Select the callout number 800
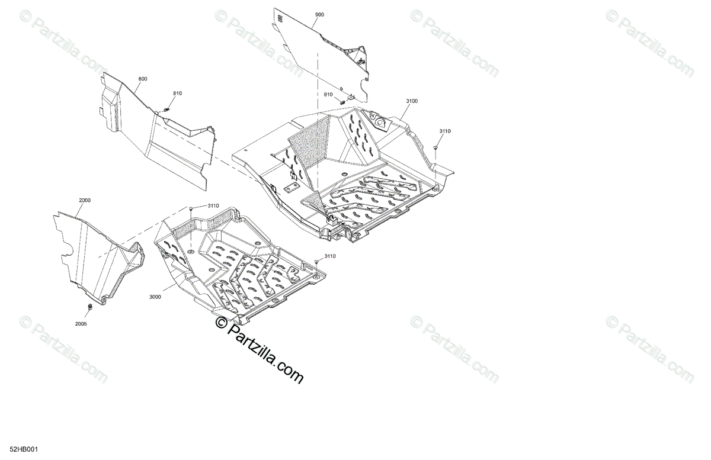[143, 79]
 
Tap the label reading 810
[178, 94]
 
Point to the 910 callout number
[328, 95]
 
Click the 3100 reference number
[412, 101]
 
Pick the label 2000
[85, 201]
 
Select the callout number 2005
[81, 324]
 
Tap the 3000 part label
[155, 298]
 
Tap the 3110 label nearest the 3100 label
[445, 131]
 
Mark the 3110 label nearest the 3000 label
[213, 205]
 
